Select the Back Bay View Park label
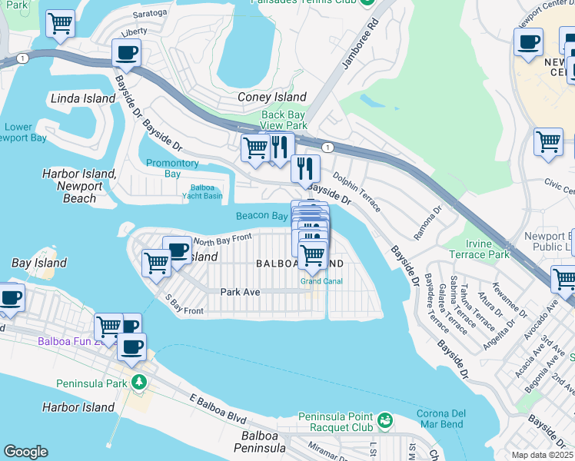[284, 120]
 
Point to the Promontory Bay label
[173, 168]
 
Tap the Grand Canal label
[321, 281]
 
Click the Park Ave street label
[240, 292]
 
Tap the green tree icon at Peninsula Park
[138, 382]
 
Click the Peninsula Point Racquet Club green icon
[384, 421]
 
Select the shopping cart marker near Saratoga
[60, 24]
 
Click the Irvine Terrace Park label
[488, 249]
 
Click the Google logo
[25, 452]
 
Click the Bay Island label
[39, 263]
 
